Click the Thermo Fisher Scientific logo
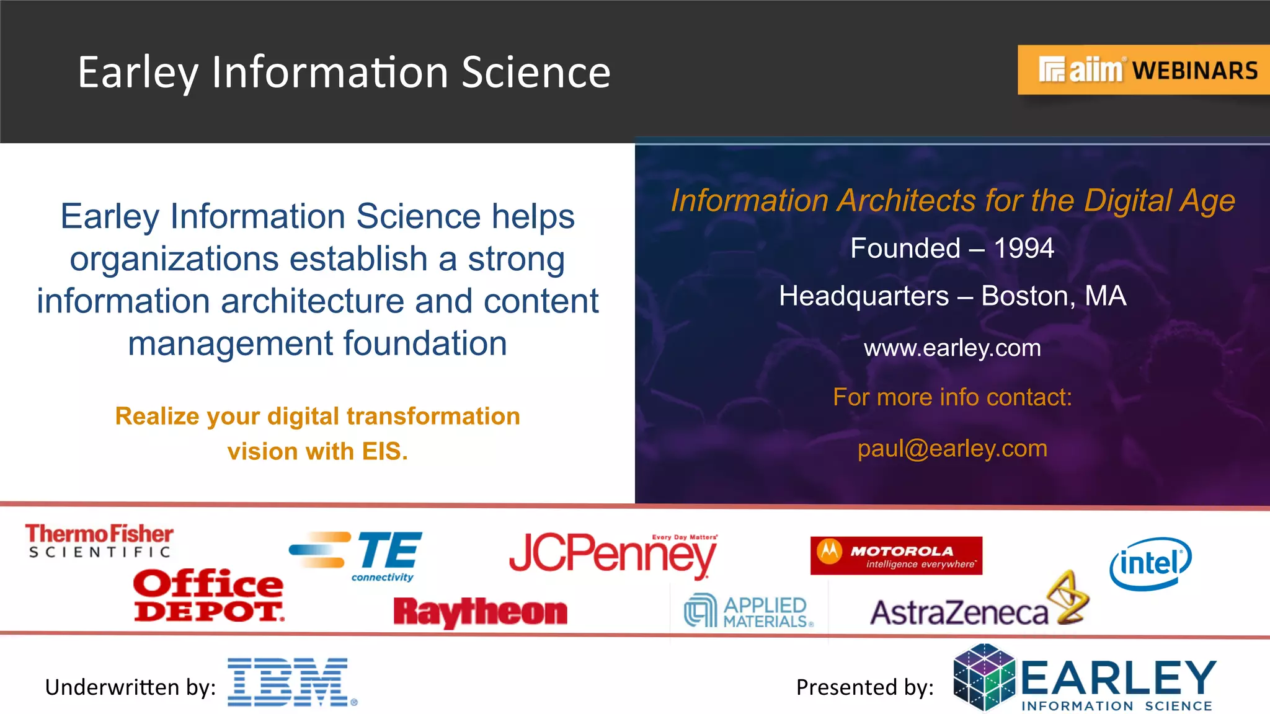point(99,540)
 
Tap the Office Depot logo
point(208,595)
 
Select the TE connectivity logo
point(357,555)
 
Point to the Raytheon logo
point(481,612)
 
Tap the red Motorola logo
point(896,555)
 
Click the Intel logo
point(1150,563)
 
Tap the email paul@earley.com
point(952,448)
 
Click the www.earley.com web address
point(952,348)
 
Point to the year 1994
point(1024,249)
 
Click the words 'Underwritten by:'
point(130,687)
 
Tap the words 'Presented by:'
point(865,687)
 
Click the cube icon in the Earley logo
point(984,677)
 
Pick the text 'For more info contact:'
point(952,397)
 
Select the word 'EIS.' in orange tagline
point(385,452)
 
